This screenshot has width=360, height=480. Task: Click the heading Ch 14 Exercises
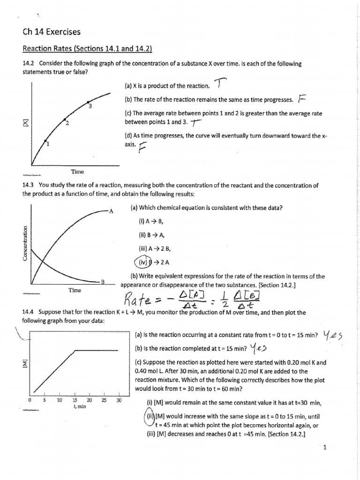[52, 32]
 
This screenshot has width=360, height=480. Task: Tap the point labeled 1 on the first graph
[45, 140]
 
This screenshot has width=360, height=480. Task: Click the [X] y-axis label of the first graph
[26, 122]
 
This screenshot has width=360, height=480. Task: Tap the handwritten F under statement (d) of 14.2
[142, 149]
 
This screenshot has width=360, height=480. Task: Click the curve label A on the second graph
[111, 211]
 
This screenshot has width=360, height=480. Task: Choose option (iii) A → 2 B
[153, 248]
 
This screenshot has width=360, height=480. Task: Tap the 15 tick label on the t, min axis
[75, 400]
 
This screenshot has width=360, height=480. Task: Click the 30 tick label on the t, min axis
[119, 400]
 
